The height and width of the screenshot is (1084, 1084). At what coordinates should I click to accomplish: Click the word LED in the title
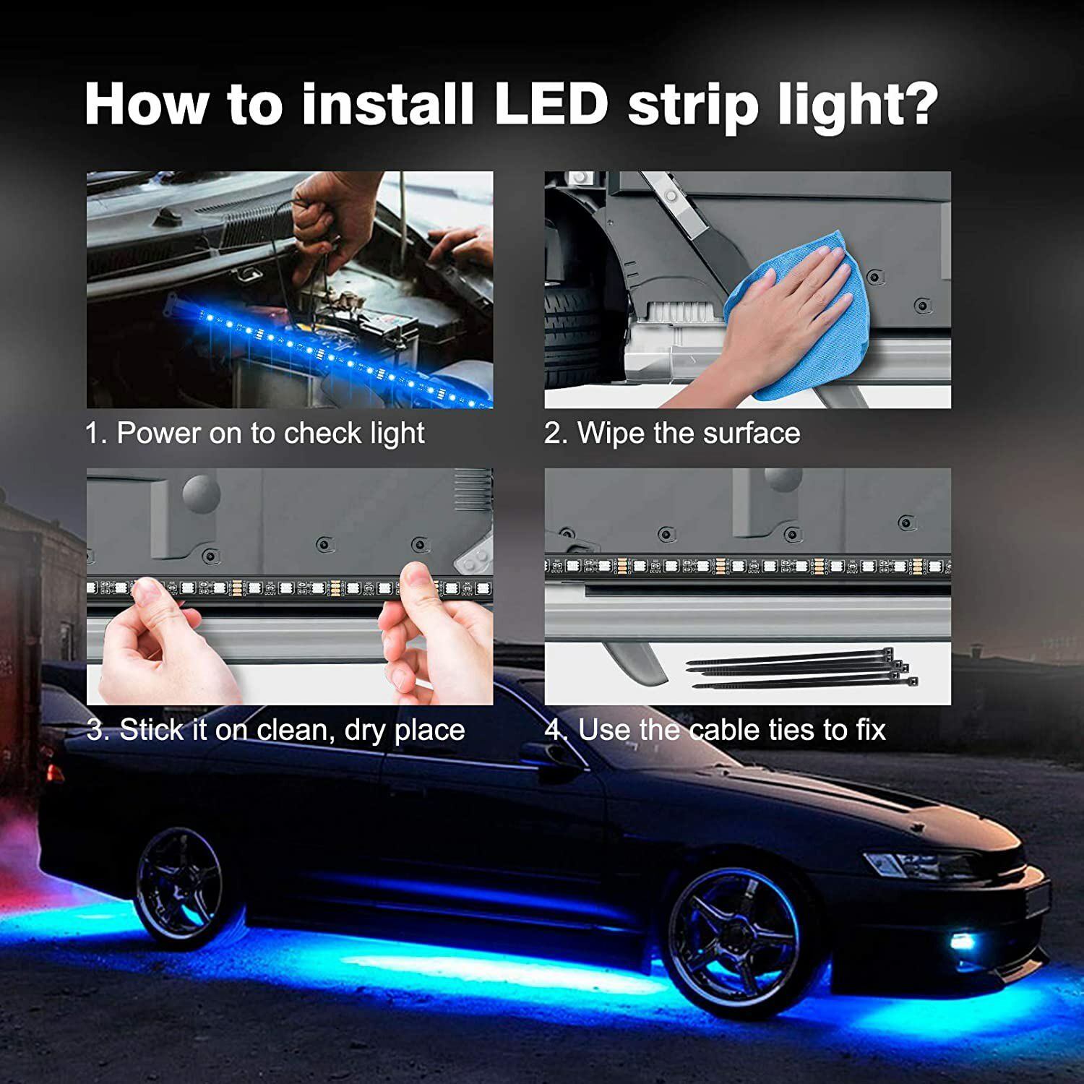pyautogui.click(x=551, y=105)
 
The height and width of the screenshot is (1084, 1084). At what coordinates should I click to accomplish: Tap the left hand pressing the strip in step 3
pyautogui.click(x=155, y=643)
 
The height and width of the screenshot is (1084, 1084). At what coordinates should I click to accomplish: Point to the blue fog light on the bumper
pyautogui.click(x=961, y=942)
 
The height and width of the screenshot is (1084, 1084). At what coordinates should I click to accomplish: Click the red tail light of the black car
pyautogui.click(x=53, y=773)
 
